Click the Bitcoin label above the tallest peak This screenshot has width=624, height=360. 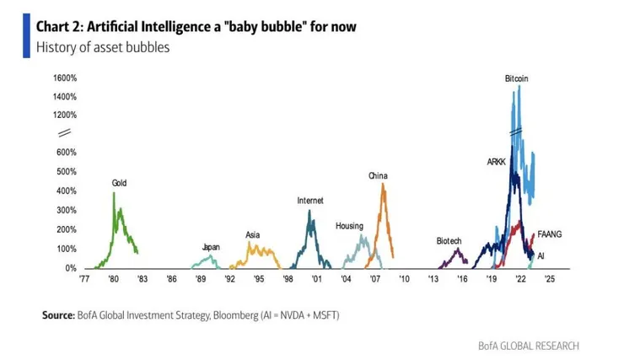tap(517, 78)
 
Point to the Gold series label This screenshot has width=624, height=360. tap(121, 183)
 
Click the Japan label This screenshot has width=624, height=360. tap(211, 247)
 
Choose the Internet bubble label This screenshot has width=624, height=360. tap(310, 201)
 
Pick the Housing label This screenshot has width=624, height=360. tap(349, 226)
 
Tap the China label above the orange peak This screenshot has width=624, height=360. tap(377, 175)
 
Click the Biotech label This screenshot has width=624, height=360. tap(449, 240)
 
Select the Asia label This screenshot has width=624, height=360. tap(253, 234)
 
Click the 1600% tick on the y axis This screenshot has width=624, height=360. tap(65, 78)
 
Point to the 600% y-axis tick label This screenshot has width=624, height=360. tap(67, 153)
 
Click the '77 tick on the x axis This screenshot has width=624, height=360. tap(84, 277)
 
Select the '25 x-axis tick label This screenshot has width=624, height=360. tap(549, 277)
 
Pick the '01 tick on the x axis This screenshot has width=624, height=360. tap(316, 277)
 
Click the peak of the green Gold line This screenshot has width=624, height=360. tap(114, 193)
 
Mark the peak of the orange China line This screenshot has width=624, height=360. tap(383, 185)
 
